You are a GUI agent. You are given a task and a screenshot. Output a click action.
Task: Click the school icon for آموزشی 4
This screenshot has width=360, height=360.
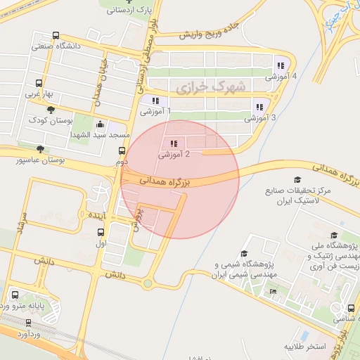pyautogui.click(x=281, y=66)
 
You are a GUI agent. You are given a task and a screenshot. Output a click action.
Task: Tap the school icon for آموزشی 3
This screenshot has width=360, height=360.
pyautogui.click(x=259, y=108)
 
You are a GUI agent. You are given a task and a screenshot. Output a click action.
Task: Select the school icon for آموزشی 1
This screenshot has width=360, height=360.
pyautogui.click(x=155, y=101)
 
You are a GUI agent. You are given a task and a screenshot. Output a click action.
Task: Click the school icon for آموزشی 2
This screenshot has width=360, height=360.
pyautogui.click(x=174, y=144)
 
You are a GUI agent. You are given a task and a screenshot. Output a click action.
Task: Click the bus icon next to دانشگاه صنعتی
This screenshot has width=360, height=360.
pyautogui.click(x=56, y=37)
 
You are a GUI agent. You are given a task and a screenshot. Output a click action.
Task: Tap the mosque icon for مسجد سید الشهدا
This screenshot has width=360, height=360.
pyautogui.click(x=100, y=124)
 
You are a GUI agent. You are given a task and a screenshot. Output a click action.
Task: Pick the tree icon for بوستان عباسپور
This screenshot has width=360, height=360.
pyautogui.click(x=40, y=149)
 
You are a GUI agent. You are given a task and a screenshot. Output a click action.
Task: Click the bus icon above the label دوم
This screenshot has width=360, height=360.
pyautogui.click(x=122, y=150)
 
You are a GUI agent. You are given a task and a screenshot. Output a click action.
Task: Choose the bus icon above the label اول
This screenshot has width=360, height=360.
pyautogui.click(x=101, y=232)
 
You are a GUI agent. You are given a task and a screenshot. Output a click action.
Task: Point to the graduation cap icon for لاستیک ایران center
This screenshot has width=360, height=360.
pyautogui.click(x=297, y=181)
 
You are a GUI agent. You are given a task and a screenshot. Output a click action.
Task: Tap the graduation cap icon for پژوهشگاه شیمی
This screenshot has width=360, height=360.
pyautogui.click(x=244, y=254)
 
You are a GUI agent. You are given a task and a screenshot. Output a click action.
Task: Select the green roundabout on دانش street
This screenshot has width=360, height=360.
pyautogui.click(x=148, y=283)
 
